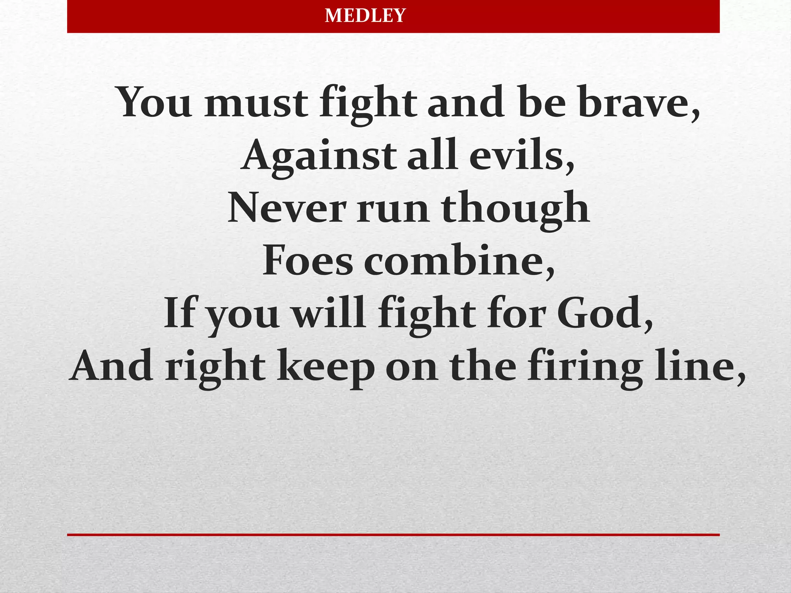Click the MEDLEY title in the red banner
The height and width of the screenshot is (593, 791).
[x=365, y=16]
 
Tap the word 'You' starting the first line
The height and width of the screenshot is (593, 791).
[x=154, y=103]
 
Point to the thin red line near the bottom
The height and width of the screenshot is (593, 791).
[x=393, y=535]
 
